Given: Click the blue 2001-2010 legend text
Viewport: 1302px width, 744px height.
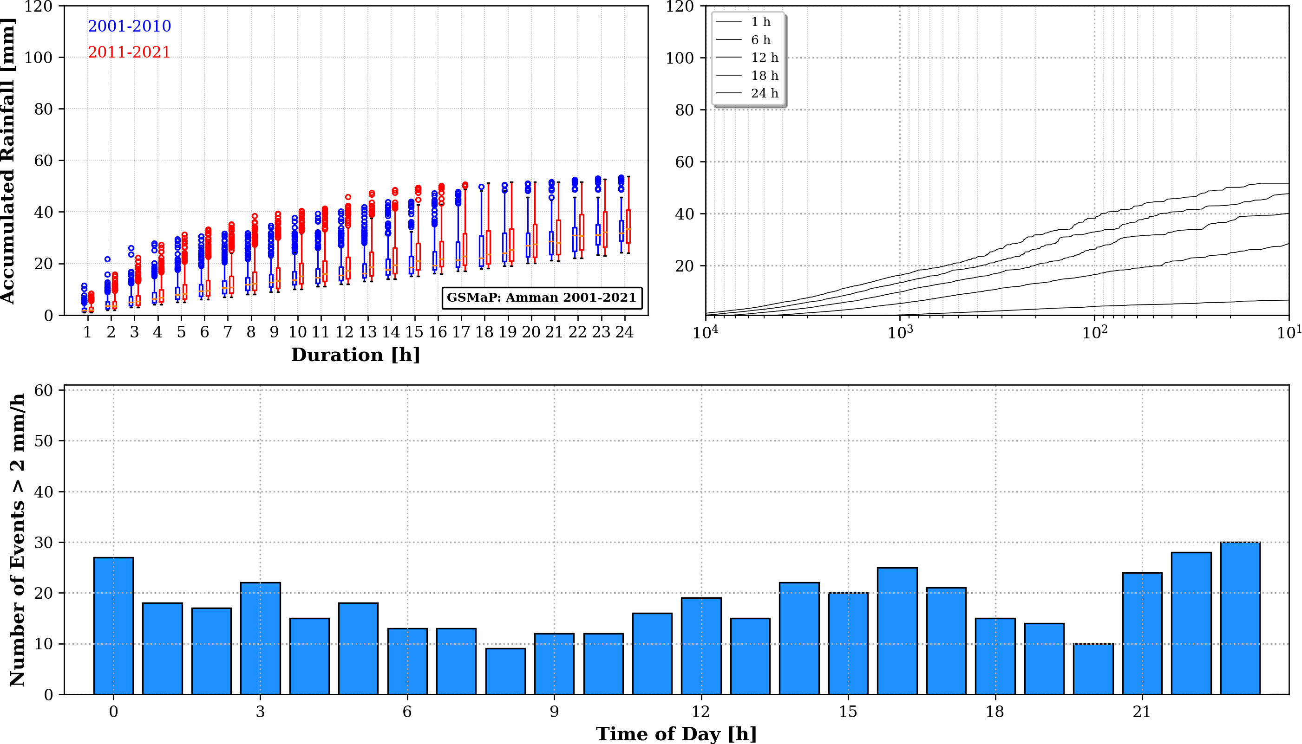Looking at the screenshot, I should tap(130, 26).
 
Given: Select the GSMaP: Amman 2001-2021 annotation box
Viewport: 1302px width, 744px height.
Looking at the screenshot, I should tap(542, 298).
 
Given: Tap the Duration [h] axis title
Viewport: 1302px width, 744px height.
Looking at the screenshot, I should tap(355, 355).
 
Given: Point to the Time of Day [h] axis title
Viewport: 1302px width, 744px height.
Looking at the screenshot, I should tap(676, 734).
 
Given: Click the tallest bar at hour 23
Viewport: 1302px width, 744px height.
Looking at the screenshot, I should tap(1240, 618).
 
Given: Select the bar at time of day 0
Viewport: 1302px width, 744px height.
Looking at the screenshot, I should tap(113, 626).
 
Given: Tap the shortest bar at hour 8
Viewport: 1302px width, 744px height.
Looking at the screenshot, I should tap(505, 672).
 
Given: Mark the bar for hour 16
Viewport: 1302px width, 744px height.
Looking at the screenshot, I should tap(897, 631).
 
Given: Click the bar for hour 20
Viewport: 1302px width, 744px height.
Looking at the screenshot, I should tap(1093, 669).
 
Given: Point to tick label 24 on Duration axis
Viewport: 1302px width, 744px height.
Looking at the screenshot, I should tap(624, 333).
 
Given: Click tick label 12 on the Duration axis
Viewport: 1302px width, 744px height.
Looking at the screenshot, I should tap(344, 333).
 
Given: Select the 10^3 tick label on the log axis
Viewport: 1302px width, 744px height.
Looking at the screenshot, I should tap(900, 333).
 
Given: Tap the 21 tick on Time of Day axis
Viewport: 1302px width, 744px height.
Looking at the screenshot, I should tap(1141, 712).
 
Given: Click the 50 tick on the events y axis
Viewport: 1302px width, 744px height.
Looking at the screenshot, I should tap(44, 441).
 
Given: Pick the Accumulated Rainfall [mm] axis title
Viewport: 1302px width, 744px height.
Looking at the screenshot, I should tap(8, 161).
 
